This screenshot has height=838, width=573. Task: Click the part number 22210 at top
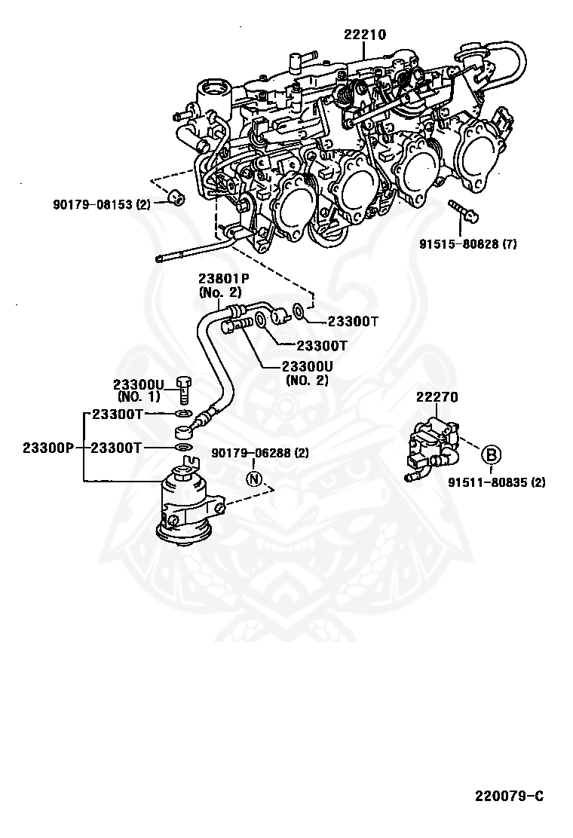tap(365, 35)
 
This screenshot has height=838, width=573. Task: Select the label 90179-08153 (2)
tap(102, 203)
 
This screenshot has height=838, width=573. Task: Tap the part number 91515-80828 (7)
tap(467, 244)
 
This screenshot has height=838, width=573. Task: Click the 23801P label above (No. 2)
tap(224, 278)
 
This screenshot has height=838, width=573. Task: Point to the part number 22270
tap(437, 397)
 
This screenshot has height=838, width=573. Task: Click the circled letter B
tap(492, 455)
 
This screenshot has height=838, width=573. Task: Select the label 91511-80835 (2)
tap(497, 482)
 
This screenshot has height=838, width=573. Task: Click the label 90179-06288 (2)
tap(260, 453)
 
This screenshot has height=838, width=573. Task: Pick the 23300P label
tap(47, 448)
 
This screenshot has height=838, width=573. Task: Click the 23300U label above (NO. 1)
tap(138, 385)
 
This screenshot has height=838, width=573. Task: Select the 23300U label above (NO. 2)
tap(308, 366)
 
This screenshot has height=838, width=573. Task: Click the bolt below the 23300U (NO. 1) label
tap(184, 390)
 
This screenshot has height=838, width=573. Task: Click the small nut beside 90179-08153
tap(176, 197)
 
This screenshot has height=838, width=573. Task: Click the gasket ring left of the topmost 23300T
tap(300, 311)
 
